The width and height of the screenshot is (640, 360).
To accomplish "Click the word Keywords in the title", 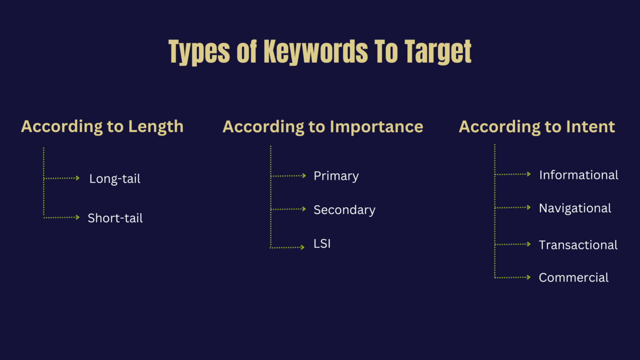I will click(316, 51).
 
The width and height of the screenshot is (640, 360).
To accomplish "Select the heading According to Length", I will click(102, 126).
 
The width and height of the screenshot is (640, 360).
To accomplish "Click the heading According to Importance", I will click(322, 126).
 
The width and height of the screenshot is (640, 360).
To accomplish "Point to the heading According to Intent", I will click(537, 126).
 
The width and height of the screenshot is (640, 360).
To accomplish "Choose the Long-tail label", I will click(115, 179).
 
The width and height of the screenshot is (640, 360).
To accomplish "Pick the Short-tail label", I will click(115, 218).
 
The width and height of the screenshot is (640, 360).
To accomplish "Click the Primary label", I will click(336, 176).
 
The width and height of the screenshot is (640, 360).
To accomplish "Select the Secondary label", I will click(344, 210).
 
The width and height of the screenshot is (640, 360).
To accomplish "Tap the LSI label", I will click(322, 243).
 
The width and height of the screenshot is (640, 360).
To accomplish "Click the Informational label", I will click(578, 175).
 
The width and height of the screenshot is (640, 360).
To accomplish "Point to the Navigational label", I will click(575, 208).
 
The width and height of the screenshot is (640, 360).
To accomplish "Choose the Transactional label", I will click(578, 245).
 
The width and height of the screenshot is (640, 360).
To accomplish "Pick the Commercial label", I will click(574, 278).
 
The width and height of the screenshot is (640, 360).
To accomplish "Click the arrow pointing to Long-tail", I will click(62, 178).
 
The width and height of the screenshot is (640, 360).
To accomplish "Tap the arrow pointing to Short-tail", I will click(62, 217).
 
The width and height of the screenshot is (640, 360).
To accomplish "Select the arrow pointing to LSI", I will click(288, 247).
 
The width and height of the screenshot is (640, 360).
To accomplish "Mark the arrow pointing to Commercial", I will click(513, 277).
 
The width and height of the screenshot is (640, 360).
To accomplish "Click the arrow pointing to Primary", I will click(289, 176).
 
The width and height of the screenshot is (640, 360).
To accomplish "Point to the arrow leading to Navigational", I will click(513, 208).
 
